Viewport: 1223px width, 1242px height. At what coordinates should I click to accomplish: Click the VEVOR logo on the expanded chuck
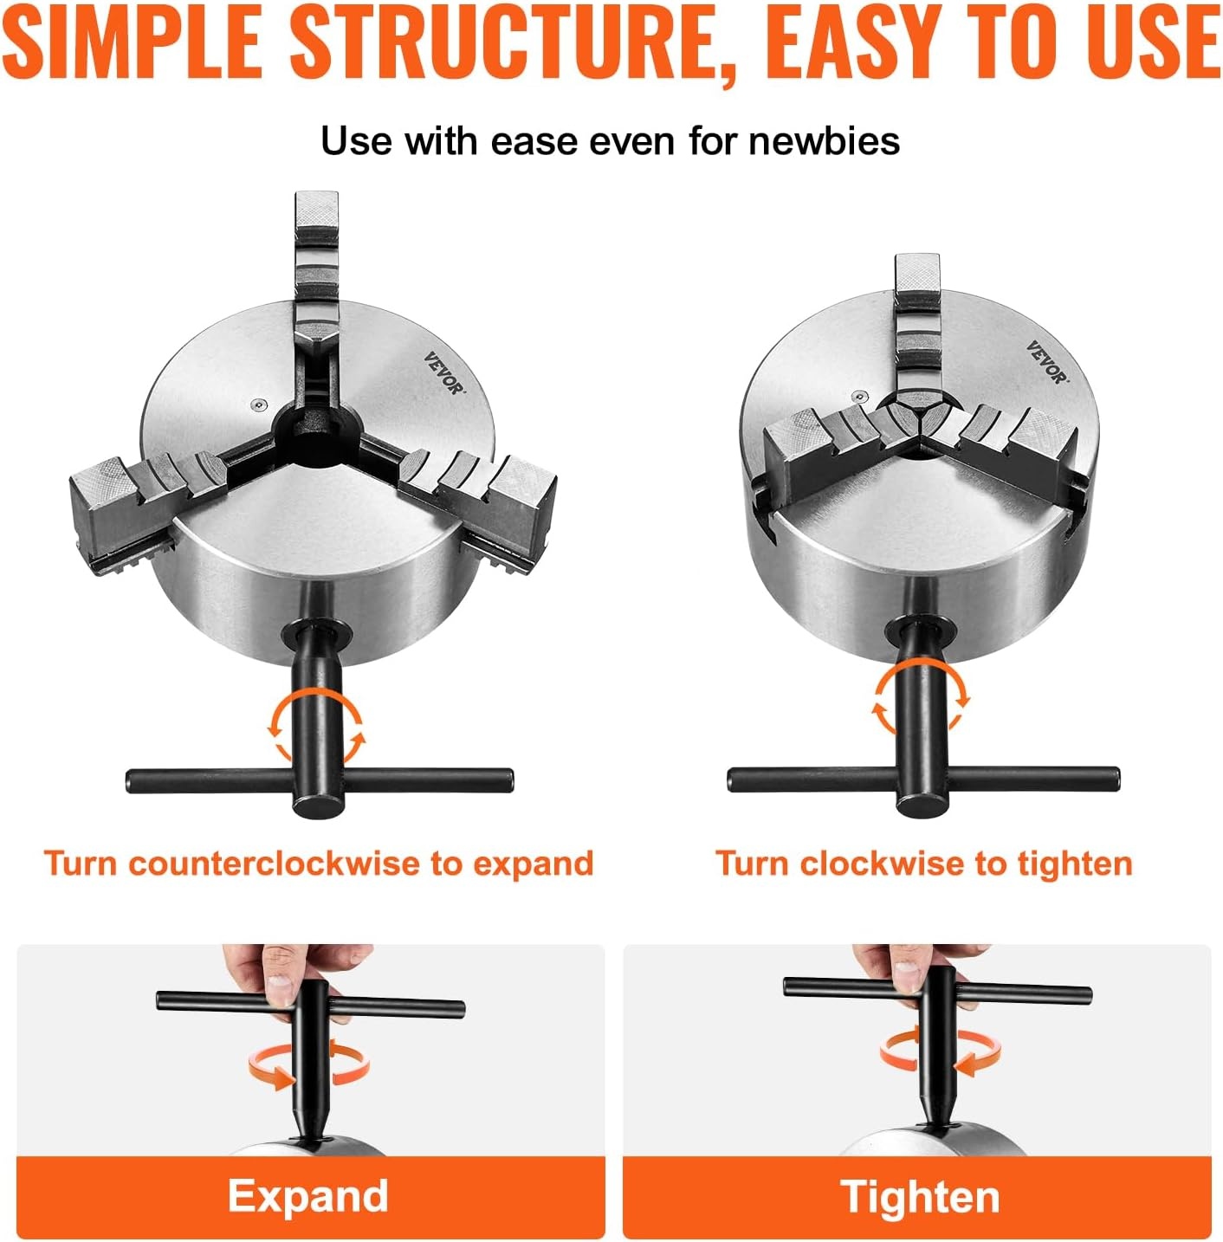tap(443, 372)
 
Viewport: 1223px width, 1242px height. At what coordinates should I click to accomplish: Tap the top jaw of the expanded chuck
tap(316, 271)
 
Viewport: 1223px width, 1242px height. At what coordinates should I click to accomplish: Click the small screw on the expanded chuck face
tap(258, 404)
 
